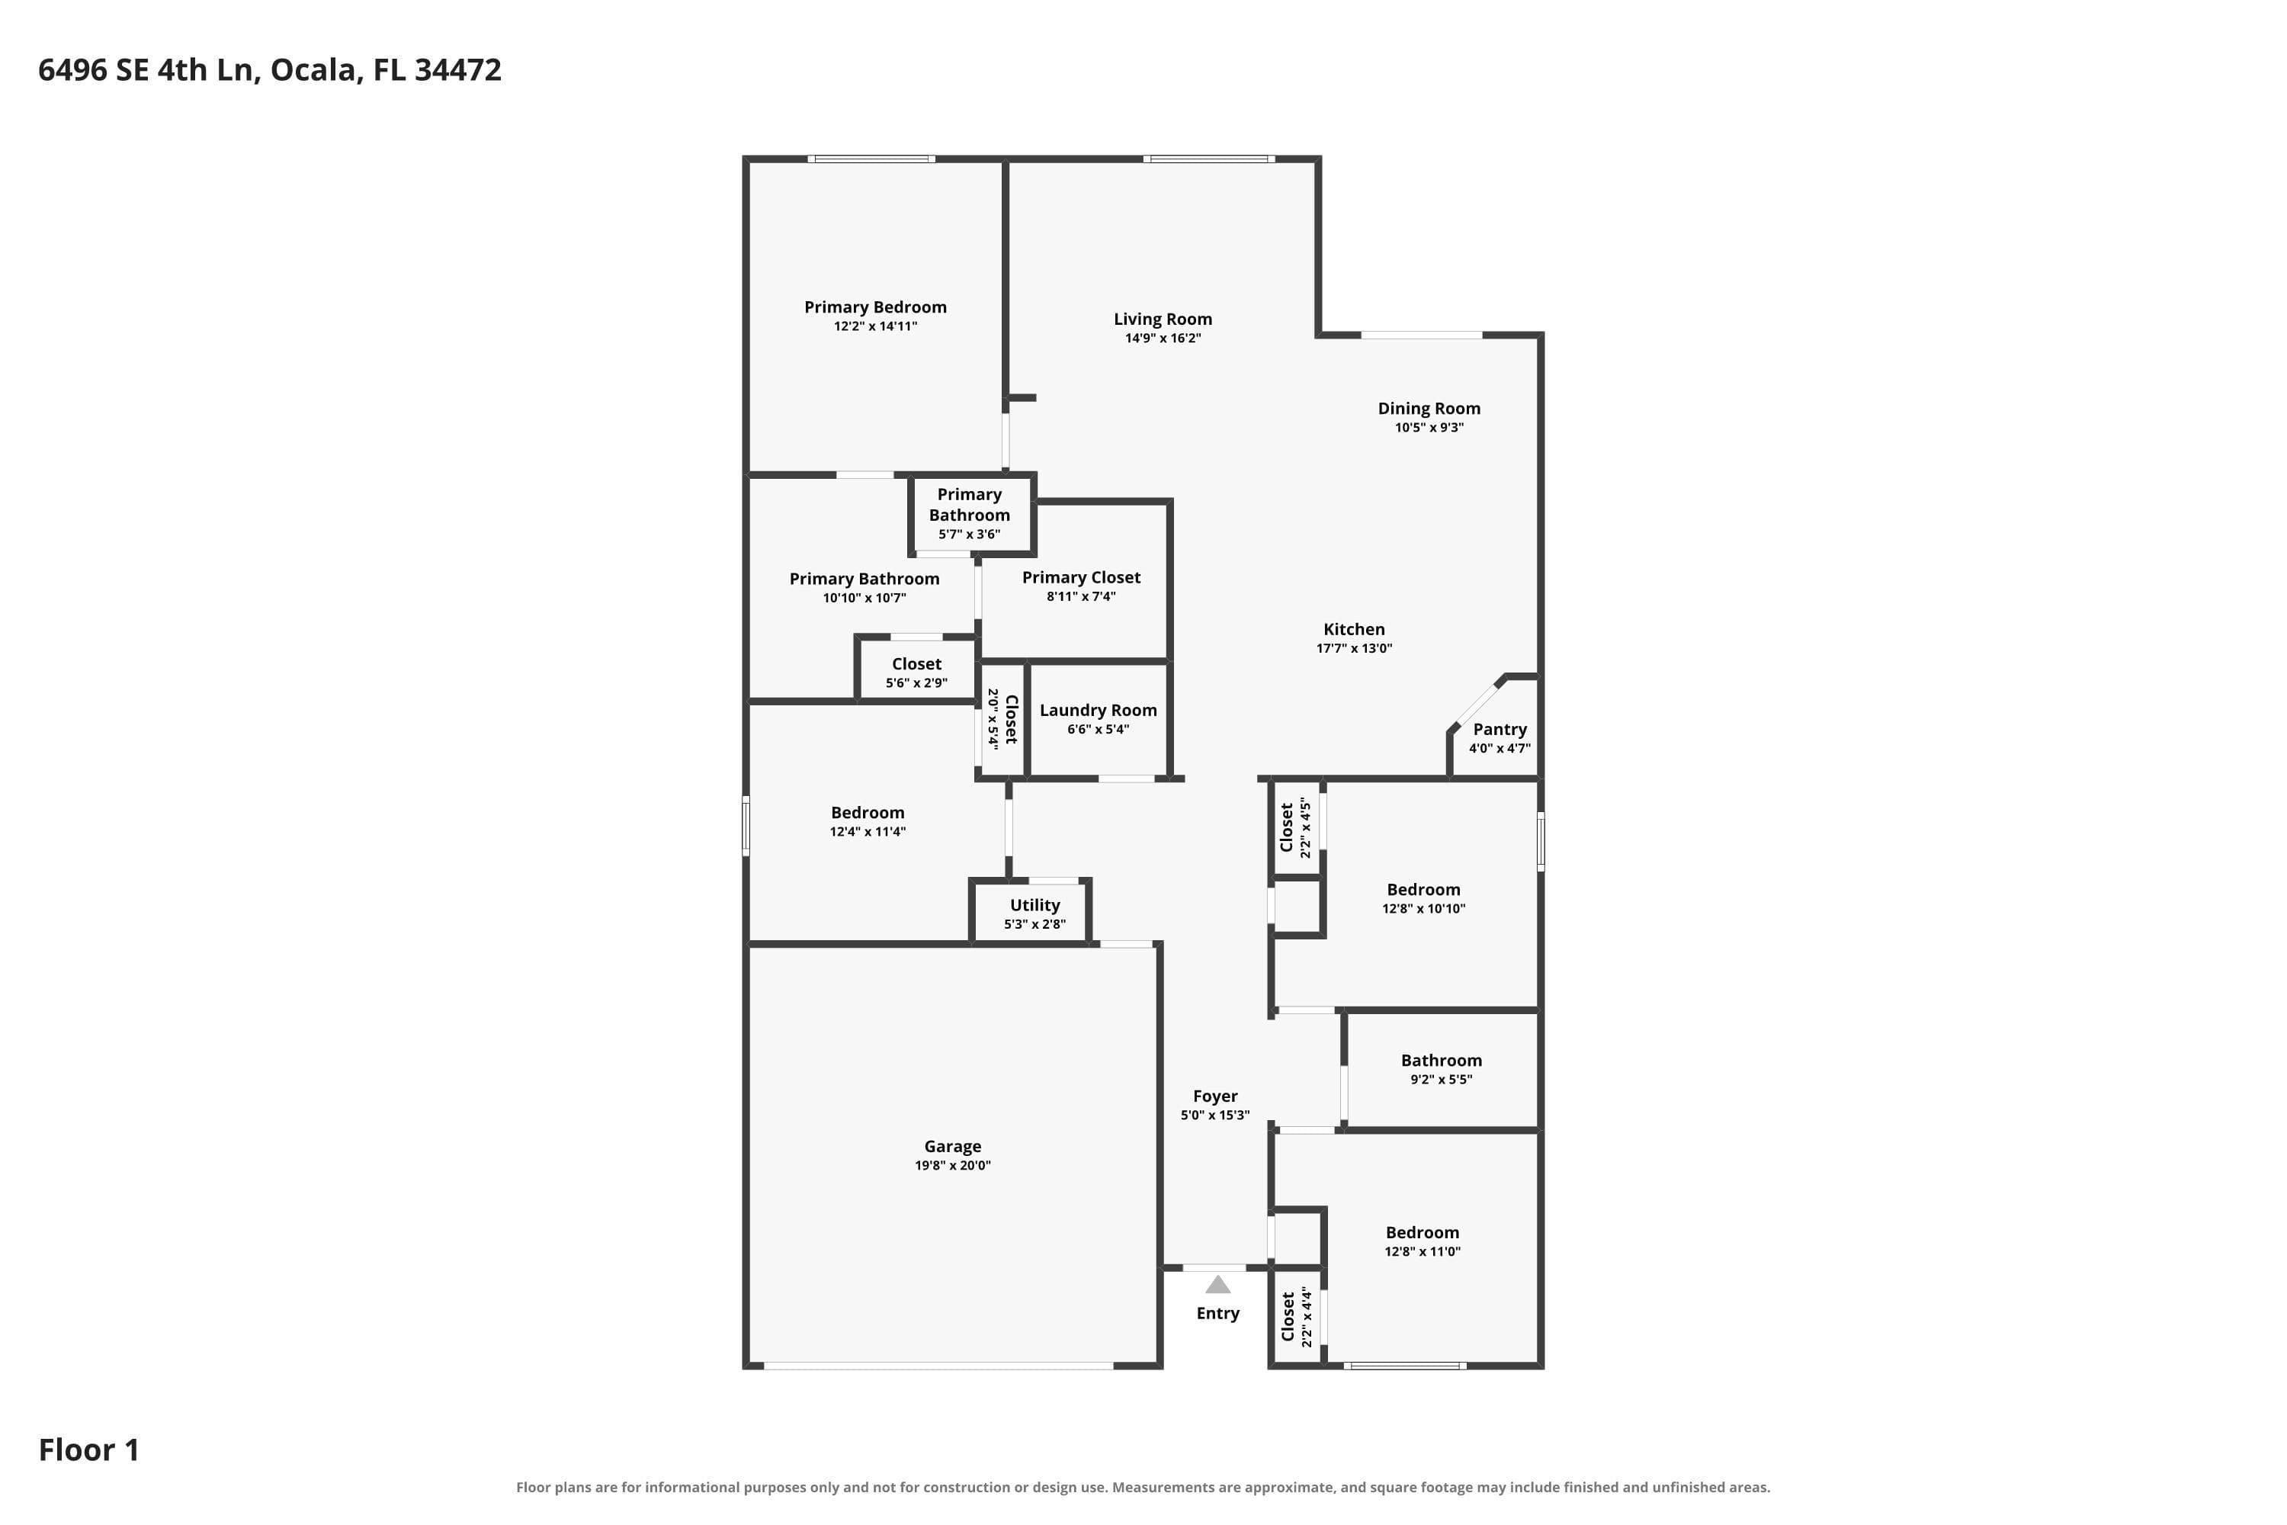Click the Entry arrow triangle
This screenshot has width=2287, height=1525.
(1217, 1285)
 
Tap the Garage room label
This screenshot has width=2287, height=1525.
(952, 1147)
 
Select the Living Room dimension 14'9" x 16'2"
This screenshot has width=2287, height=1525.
(1163, 339)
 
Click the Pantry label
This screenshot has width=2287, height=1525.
(1500, 730)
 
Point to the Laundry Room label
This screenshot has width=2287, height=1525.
(1098, 711)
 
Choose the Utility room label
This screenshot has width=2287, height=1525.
(1034, 906)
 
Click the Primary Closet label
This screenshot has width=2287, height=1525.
(1081, 578)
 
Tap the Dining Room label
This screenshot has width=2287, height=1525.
(1429, 409)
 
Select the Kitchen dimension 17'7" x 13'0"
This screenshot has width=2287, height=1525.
(1354, 649)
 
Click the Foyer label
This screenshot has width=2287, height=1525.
(1214, 1096)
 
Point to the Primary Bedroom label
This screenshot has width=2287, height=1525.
(875, 307)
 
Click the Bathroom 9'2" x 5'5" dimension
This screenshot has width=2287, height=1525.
(1441, 1080)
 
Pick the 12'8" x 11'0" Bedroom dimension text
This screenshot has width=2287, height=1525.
(1423, 1252)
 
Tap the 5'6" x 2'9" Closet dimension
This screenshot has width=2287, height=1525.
(916, 684)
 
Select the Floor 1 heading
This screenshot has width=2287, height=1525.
(88, 1450)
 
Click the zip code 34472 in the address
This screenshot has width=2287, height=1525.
(458, 70)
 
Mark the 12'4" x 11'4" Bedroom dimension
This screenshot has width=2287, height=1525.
(868, 832)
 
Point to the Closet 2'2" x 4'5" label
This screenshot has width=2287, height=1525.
(1296, 827)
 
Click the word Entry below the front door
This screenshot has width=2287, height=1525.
(1217, 1314)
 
